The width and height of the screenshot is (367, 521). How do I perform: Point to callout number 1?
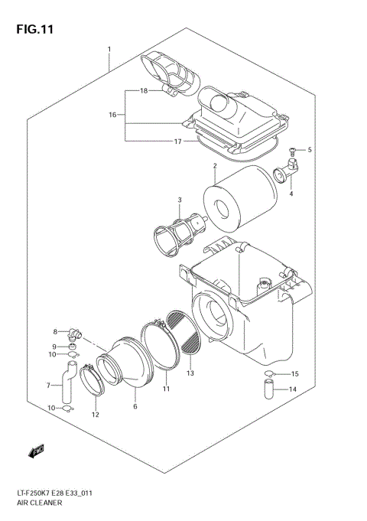[109, 50]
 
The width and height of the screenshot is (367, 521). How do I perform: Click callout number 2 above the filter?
[216, 165]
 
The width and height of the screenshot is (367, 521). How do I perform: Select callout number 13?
[190, 373]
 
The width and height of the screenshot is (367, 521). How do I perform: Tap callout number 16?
[112, 115]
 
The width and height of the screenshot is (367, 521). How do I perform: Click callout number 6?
[135, 406]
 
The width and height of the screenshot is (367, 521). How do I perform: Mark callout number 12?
[96, 415]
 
